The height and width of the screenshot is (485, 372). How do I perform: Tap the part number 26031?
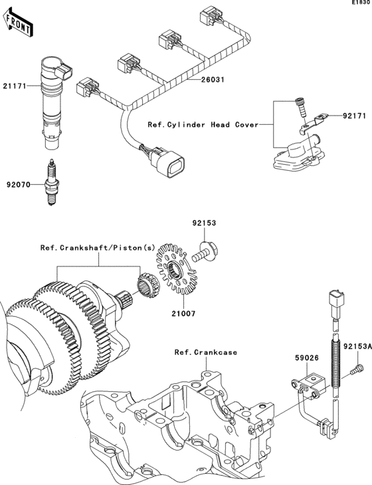(214, 80)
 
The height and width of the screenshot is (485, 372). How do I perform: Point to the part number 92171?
(354, 116)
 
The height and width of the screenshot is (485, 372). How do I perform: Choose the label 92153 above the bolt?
(205, 224)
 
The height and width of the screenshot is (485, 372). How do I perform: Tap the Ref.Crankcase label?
(206, 352)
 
